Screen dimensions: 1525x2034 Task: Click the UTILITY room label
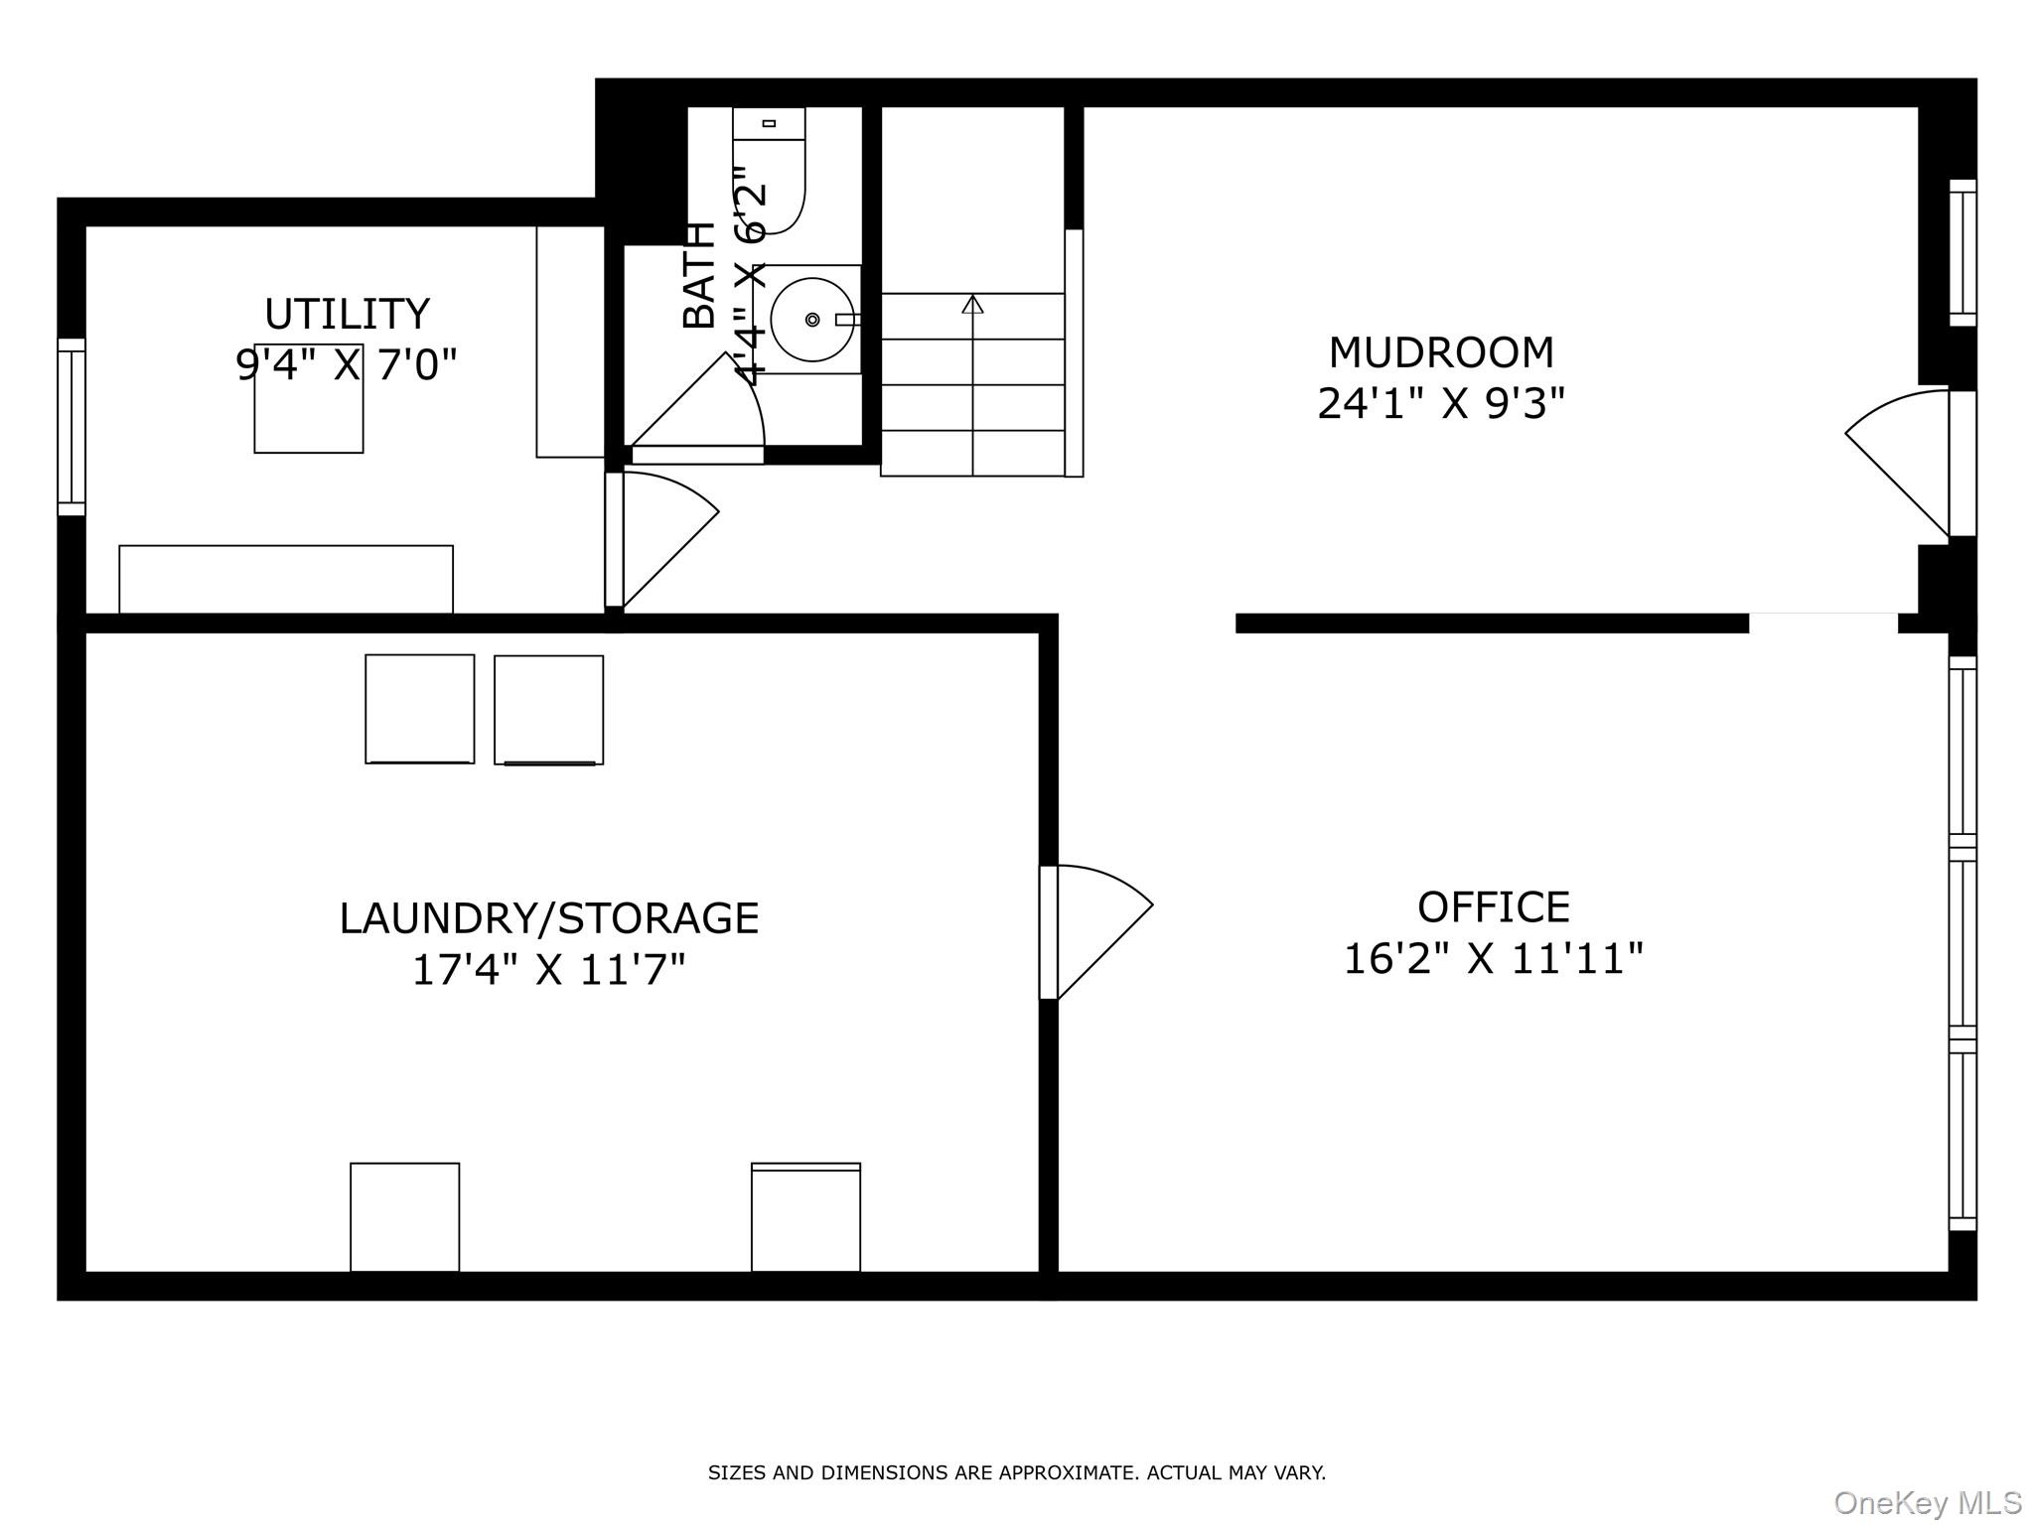tap(347, 314)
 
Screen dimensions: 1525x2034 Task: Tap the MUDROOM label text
tap(1440, 352)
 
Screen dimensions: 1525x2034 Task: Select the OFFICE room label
tap(1493, 906)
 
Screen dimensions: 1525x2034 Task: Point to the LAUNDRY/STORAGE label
tap(548, 917)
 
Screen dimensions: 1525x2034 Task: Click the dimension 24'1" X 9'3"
tap(1440, 404)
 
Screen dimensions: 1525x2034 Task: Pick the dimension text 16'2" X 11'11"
tap(1493, 959)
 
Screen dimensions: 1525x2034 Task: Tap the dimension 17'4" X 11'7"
tap(548, 969)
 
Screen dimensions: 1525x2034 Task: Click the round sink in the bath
tap(812, 319)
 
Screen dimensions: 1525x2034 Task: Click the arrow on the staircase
tap(972, 305)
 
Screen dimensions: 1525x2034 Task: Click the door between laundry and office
tap(1092, 928)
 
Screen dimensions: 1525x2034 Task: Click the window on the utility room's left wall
tap(72, 427)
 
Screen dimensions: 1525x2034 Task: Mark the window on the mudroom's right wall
tap(1962, 252)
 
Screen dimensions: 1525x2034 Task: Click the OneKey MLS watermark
tap(1927, 1502)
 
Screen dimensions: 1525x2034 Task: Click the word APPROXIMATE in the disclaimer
tap(1069, 1472)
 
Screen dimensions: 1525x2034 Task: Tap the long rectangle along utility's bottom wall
tap(286, 579)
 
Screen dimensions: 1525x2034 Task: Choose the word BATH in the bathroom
tap(700, 275)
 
